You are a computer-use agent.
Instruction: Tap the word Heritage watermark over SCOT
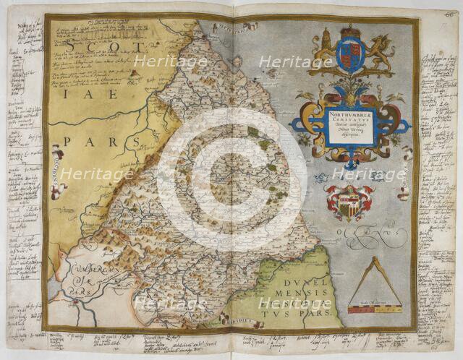click(x=160, y=61)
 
